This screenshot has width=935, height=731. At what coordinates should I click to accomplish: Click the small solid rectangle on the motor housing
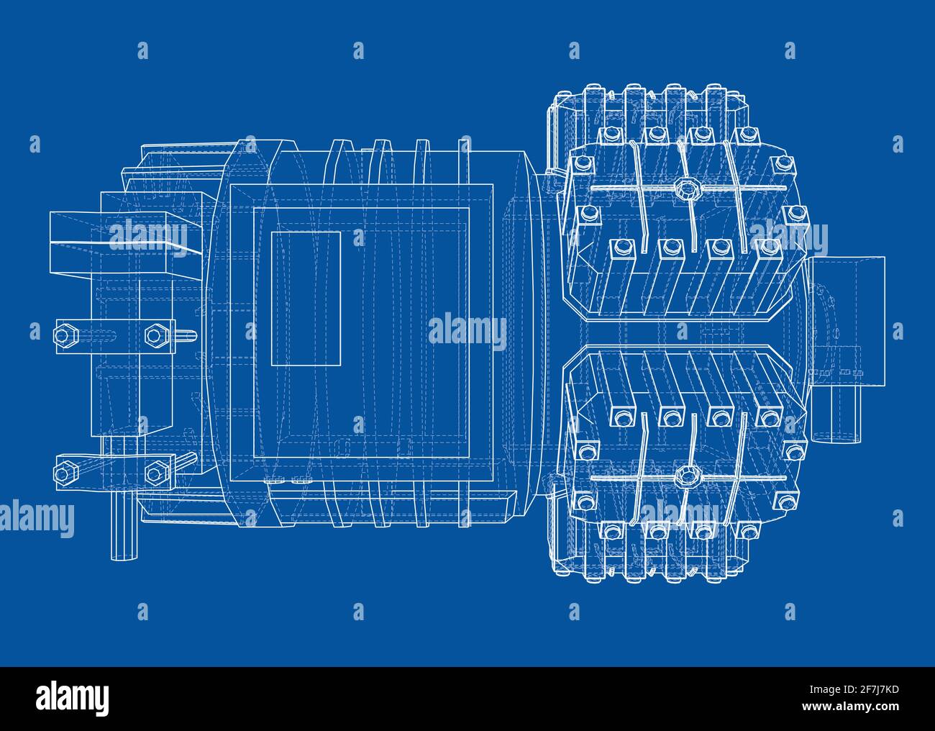(x=306, y=299)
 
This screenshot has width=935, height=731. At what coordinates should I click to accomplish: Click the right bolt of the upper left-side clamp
(x=155, y=335)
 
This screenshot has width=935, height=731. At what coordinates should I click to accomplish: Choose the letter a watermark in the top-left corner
(x=142, y=50)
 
